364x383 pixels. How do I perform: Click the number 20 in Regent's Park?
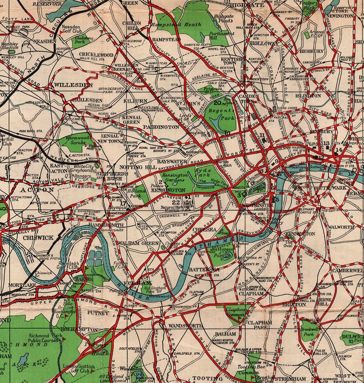[x=217, y=103]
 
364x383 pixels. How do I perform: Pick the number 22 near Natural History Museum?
[x=176, y=202]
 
